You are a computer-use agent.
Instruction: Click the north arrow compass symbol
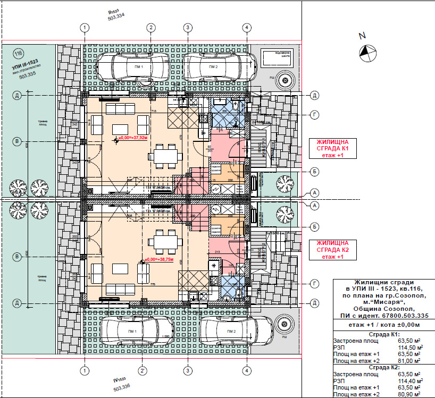[366, 52]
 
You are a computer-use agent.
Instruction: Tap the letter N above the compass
[363, 36]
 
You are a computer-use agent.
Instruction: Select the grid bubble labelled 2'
[143, 370]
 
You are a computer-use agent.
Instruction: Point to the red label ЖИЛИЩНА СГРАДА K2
[332, 250]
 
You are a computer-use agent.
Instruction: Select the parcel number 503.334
[115, 17]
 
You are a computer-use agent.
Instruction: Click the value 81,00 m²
[413, 361]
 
